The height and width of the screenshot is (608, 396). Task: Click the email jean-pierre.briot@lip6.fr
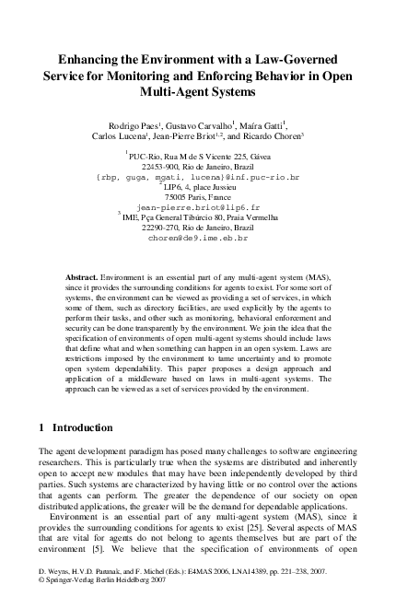click(197, 208)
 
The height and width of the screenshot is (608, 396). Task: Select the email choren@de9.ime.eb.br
click(197, 238)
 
